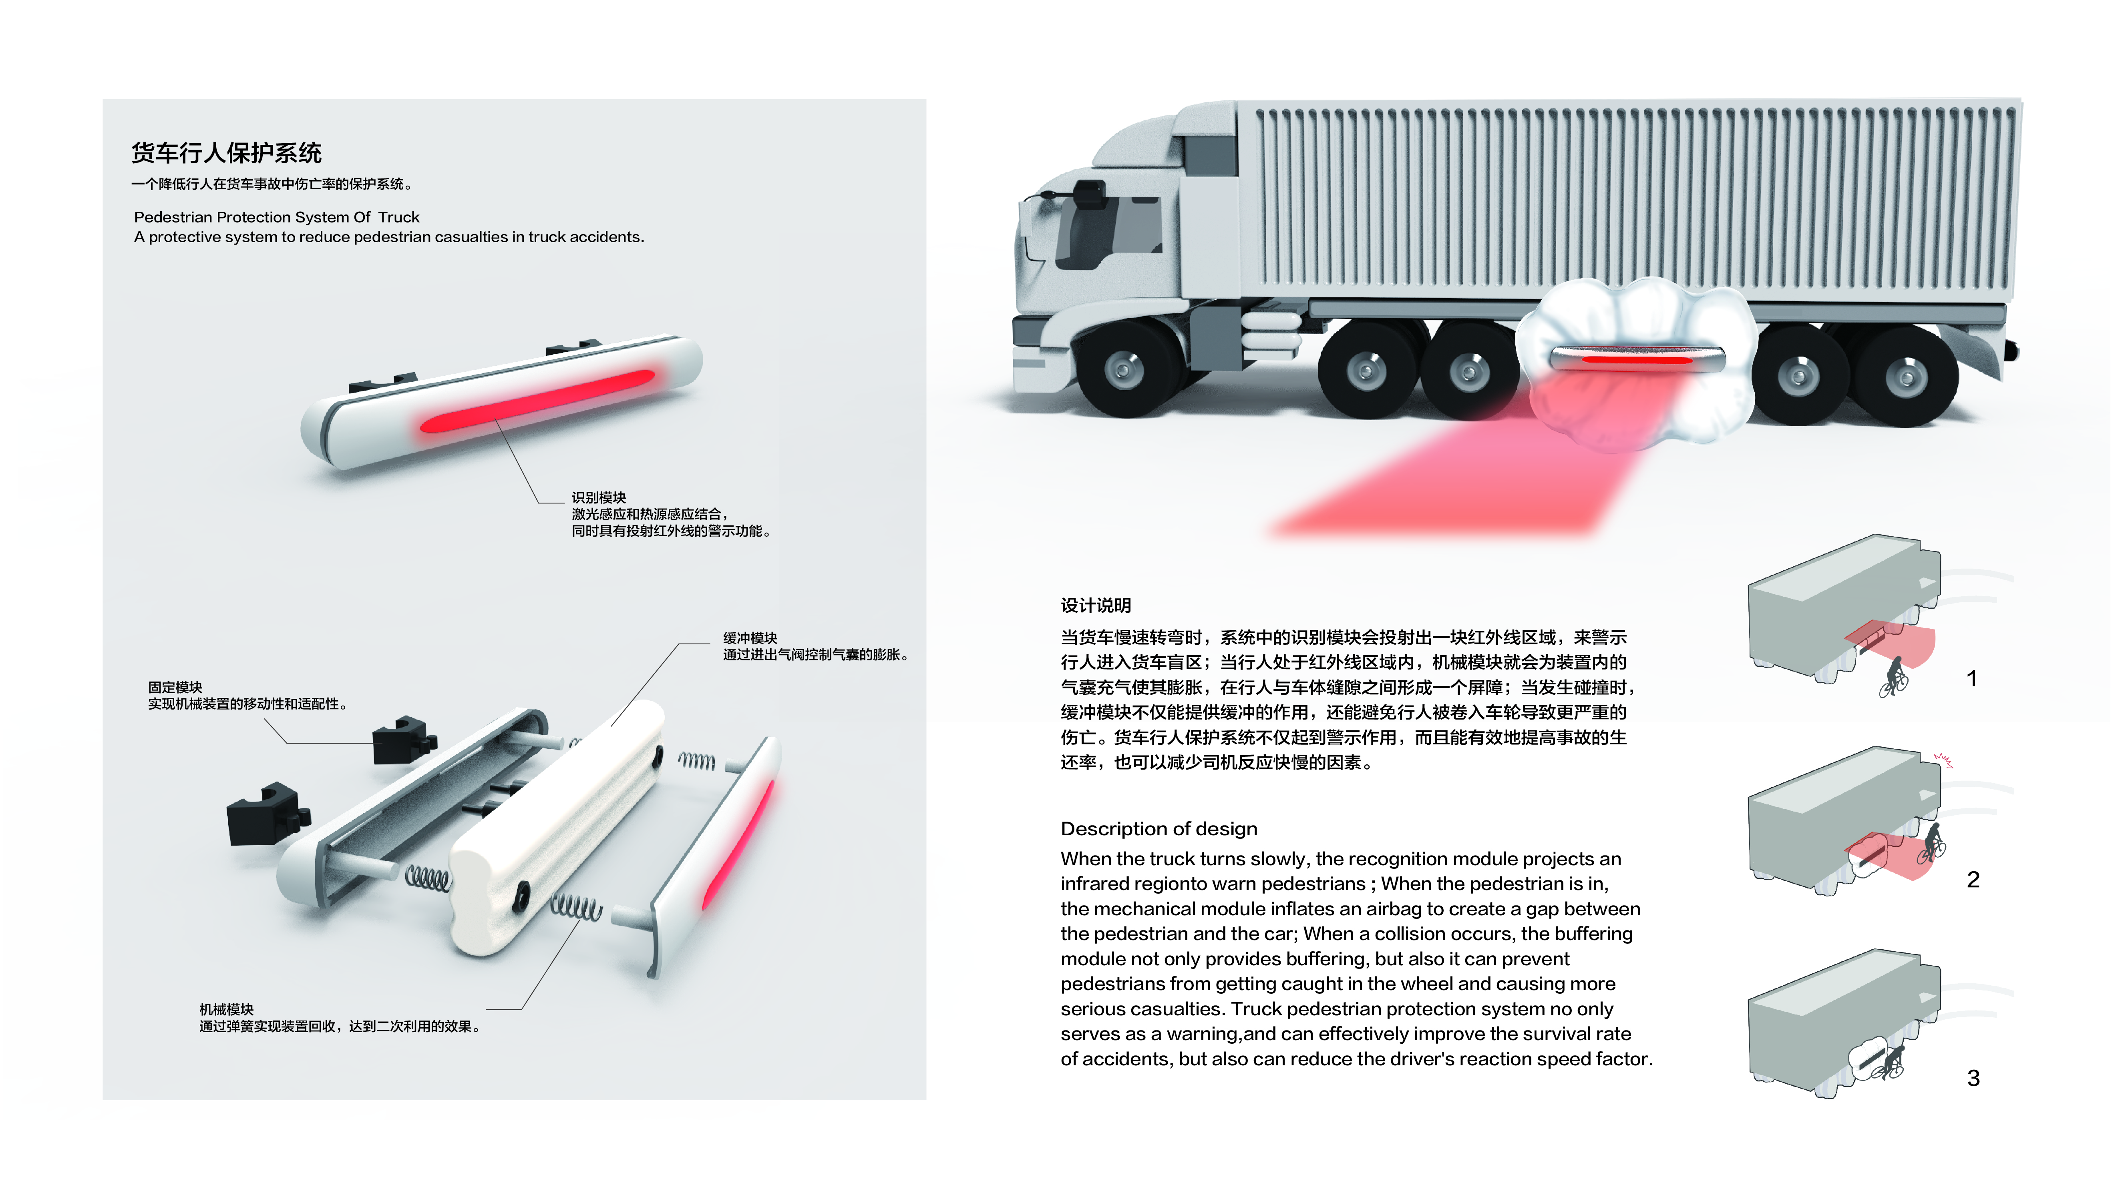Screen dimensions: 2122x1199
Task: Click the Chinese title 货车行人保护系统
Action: coord(227,153)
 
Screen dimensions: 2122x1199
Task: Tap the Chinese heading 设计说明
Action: coord(1096,605)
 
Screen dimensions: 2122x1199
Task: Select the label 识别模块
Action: coord(599,497)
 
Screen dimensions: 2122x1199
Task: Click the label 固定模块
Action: coord(175,687)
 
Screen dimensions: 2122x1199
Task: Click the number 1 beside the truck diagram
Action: coord(1971,679)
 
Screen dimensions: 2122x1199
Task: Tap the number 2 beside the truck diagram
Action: coord(1973,880)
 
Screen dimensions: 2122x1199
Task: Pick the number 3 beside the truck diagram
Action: coord(1973,1078)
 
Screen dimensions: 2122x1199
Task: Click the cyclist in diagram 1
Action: coord(1894,678)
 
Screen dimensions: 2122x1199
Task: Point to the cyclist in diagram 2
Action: coord(1932,842)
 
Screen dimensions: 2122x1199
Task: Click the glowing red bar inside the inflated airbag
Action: coord(1637,359)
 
